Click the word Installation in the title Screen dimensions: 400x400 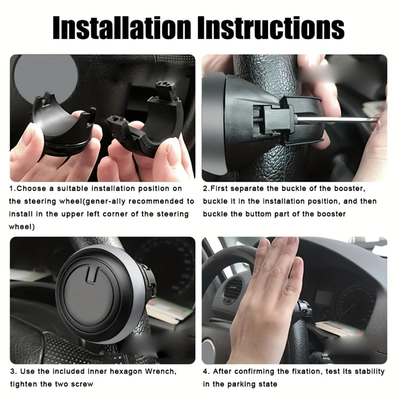pos(121,27)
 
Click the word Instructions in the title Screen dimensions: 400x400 pos(271,27)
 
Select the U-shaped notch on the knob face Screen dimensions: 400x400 pos(91,274)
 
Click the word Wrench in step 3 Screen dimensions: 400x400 pos(160,371)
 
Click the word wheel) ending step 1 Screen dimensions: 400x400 pos(21,226)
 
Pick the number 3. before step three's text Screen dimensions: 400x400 pos(14,371)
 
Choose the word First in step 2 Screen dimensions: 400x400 pos(219,188)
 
